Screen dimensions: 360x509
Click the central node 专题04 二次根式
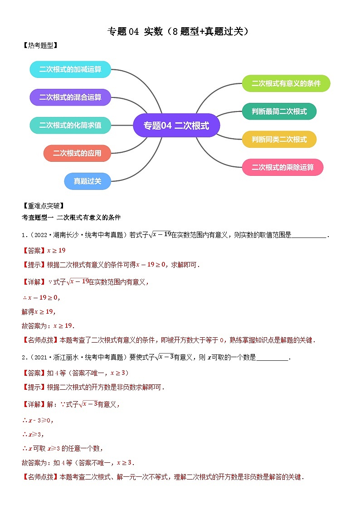[176, 126]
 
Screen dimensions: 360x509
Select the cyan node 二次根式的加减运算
[70, 69]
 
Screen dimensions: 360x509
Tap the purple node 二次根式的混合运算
[70, 97]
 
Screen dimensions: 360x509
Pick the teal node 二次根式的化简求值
[70, 125]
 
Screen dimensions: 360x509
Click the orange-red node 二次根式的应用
[77, 153]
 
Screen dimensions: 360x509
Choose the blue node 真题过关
[87, 181]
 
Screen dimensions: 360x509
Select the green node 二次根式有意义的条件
[286, 83]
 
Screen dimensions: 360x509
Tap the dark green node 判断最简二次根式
[279, 111]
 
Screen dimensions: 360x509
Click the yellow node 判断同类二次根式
[279, 139]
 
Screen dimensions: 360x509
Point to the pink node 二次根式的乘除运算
[283, 167]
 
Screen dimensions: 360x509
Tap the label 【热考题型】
[40, 45]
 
